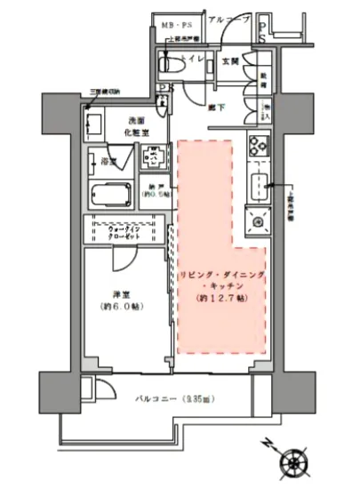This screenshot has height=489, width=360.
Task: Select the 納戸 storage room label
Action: coord(156,190)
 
